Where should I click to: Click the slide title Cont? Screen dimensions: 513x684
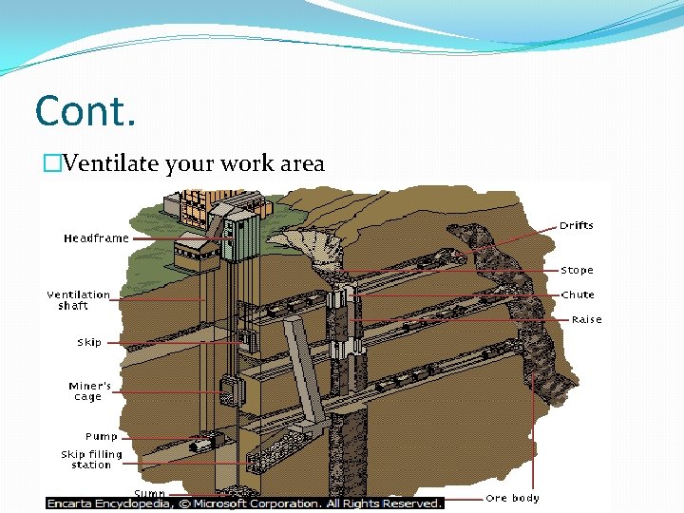85,112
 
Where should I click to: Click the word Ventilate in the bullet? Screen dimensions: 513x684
106,164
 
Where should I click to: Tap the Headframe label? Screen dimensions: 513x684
96,238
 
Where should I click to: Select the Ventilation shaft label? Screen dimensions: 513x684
78,300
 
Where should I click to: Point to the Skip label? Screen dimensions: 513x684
89,342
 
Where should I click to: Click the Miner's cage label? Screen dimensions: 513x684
89,391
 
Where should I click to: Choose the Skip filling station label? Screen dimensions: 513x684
91,460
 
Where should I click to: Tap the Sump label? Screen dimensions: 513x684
150,493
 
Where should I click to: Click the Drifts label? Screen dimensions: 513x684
576,226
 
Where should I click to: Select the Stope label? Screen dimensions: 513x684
577,271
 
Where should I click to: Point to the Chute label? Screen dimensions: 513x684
578,295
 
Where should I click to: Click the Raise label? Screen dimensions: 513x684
586,320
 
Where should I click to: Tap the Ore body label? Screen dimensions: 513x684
512,498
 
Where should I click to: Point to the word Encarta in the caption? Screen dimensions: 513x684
78,503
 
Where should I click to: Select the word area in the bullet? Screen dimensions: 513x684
302,164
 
